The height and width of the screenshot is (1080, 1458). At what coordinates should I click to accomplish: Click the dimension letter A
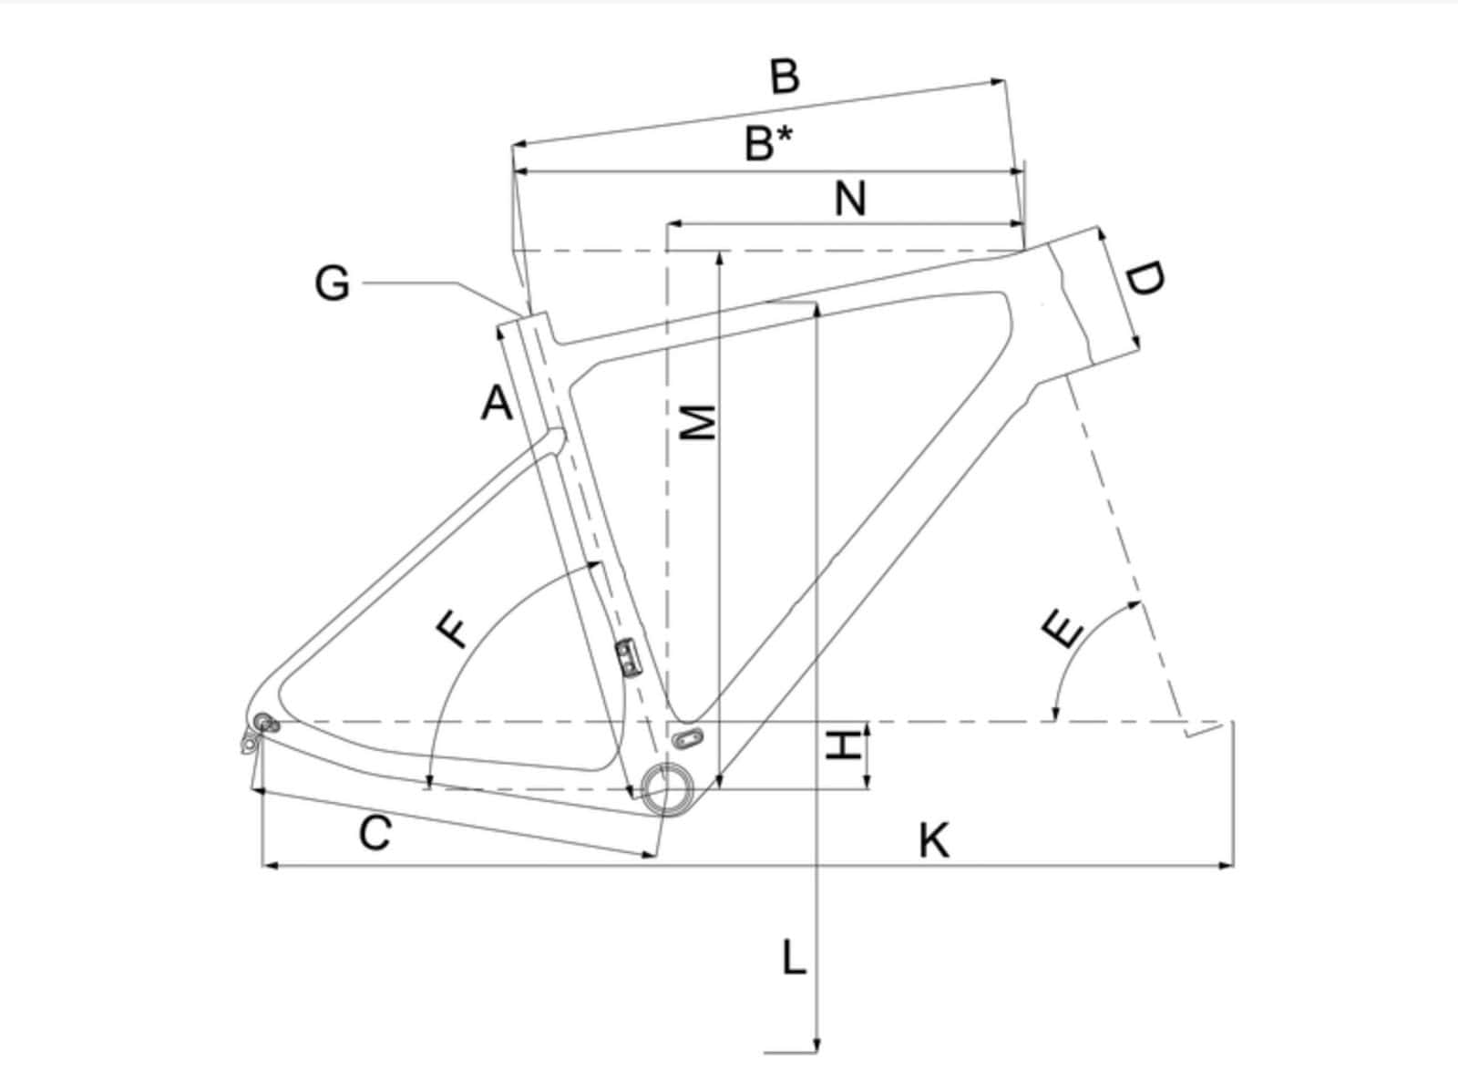pos(497,403)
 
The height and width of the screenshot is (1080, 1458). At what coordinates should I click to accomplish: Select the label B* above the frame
pos(768,143)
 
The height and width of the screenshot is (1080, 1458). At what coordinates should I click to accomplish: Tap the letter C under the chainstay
pos(375,833)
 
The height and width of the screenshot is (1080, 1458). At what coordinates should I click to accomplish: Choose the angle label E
pos(1063,627)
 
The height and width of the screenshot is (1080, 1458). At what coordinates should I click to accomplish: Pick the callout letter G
pos(332,284)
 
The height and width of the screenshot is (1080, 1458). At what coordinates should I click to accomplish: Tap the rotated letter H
pos(844,745)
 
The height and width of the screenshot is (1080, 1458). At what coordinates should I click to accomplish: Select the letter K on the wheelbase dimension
pos(934,840)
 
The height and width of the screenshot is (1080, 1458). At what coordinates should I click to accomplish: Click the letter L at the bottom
pos(794,957)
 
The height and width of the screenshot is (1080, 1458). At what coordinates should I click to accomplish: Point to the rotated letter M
pos(697,422)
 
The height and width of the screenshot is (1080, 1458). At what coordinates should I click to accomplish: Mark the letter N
pos(850,199)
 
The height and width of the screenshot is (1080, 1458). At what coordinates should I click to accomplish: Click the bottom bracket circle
pos(667,790)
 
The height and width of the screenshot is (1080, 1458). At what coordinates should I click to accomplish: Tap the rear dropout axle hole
pos(263,720)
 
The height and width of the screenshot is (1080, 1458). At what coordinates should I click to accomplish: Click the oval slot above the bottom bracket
pos(688,738)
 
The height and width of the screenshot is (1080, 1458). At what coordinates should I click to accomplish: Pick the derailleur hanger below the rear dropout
pos(250,742)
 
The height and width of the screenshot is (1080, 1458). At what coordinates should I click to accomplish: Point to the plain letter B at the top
pos(785,77)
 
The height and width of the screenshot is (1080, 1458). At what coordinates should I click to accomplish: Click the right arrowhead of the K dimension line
pos(1226,866)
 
